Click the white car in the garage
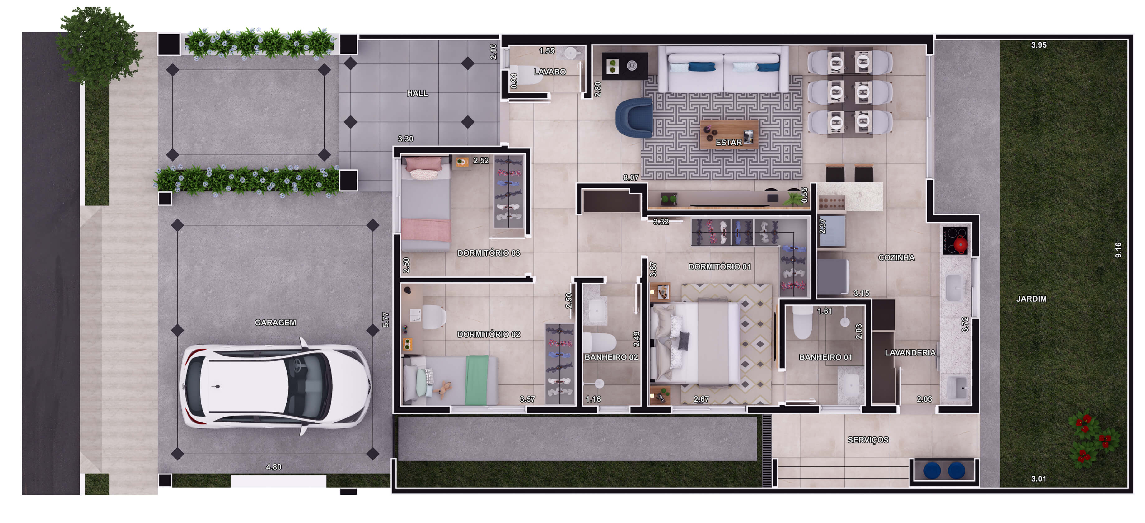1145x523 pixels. pos(276,386)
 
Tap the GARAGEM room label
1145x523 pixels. pos(275,323)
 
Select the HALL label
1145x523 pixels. pos(417,93)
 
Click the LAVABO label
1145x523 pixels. pos(549,72)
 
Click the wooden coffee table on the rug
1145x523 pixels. pos(729,134)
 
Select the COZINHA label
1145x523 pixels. pos(896,257)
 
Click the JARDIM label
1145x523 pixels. pos(1031,299)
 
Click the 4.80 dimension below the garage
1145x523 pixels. pos(273,467)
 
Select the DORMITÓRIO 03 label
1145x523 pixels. pos(488,253)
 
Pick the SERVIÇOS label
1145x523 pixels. pos(868,440)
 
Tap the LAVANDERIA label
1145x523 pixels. pos(910,353)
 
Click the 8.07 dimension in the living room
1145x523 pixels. pos(631,177)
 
